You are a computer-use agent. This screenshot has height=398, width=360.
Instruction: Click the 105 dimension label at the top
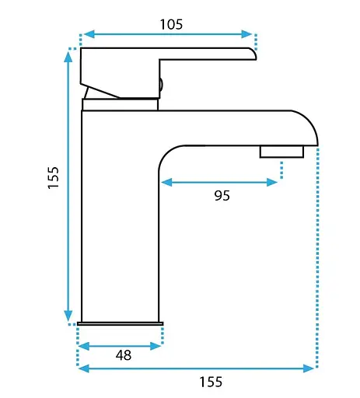(171, 24)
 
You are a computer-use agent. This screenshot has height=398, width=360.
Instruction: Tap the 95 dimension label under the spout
(222, 195)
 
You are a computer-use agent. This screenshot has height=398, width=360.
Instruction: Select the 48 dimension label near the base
(124, 355)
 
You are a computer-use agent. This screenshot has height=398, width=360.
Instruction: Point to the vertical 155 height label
(54, 177)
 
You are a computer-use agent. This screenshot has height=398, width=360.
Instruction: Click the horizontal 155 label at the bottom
(211, 382)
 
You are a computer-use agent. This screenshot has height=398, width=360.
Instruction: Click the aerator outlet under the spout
(281, 152)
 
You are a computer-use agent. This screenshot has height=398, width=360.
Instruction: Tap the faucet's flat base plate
(121, 323)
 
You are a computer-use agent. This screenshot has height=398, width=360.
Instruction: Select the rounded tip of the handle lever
(253, 54)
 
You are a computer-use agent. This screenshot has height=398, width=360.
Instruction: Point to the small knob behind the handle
(161, 85)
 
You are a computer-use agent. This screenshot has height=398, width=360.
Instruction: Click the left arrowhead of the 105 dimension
(89, 34)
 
